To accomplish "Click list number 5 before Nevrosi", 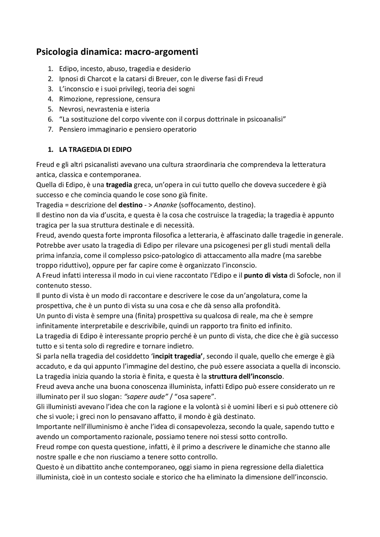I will pyautogui.click(x=50, y=109).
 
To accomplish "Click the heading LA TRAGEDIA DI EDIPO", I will pyautogui.click(x=95, y=150).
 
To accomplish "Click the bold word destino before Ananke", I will pyautogui.click(x=130, y=205).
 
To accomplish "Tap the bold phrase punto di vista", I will pyautogui.click(x=265, y=276).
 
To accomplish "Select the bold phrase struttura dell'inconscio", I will pyautogui.click(x=245, y=377).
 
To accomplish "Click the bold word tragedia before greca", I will pyautogui.click(x=119, y=185).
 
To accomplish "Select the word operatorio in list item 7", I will pyautogui.click(x=182, y=130).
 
